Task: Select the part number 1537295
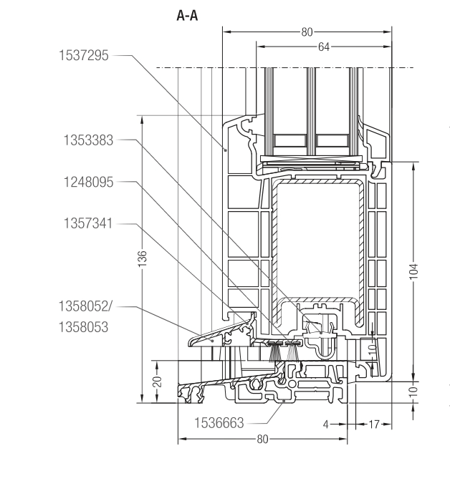tap(82, 56)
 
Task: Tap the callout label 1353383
tap(82, 141)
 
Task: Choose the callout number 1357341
tap(82, 226)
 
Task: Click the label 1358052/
tap(85, 306)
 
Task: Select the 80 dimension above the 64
tap(307, 31)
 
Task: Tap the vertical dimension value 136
tap(143, 258)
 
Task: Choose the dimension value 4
tap(325, 424)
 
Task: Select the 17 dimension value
tap(370, 424)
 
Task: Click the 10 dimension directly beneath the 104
tap(415, 392)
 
